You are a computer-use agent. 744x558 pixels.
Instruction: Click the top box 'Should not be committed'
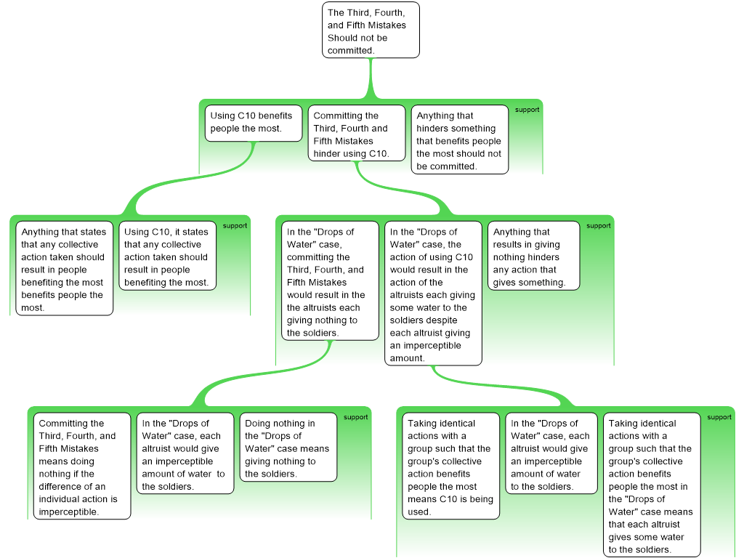(371, 31)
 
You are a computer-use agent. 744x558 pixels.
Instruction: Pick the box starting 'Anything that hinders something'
(459, 139)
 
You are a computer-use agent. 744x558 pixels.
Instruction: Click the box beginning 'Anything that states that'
(62, 268)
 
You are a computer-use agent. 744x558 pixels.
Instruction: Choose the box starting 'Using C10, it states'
(166, 256)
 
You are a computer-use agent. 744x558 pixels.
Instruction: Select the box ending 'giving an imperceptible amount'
(433, 293)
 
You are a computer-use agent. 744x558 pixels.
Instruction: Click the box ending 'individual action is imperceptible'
(82, 466)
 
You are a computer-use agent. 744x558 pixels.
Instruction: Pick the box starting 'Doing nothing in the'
(288, 447)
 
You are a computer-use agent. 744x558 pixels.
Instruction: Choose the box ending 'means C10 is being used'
(450, 466)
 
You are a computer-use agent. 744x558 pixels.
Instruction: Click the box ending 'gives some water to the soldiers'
(651, 485)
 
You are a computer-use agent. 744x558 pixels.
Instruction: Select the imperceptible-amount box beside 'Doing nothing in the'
(185, 453)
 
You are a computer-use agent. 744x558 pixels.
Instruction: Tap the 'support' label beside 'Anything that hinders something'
(527, 110)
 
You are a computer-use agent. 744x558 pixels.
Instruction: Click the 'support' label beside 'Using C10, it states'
(235, 226)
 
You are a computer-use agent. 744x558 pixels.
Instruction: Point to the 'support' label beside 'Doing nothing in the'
(355, 417)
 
